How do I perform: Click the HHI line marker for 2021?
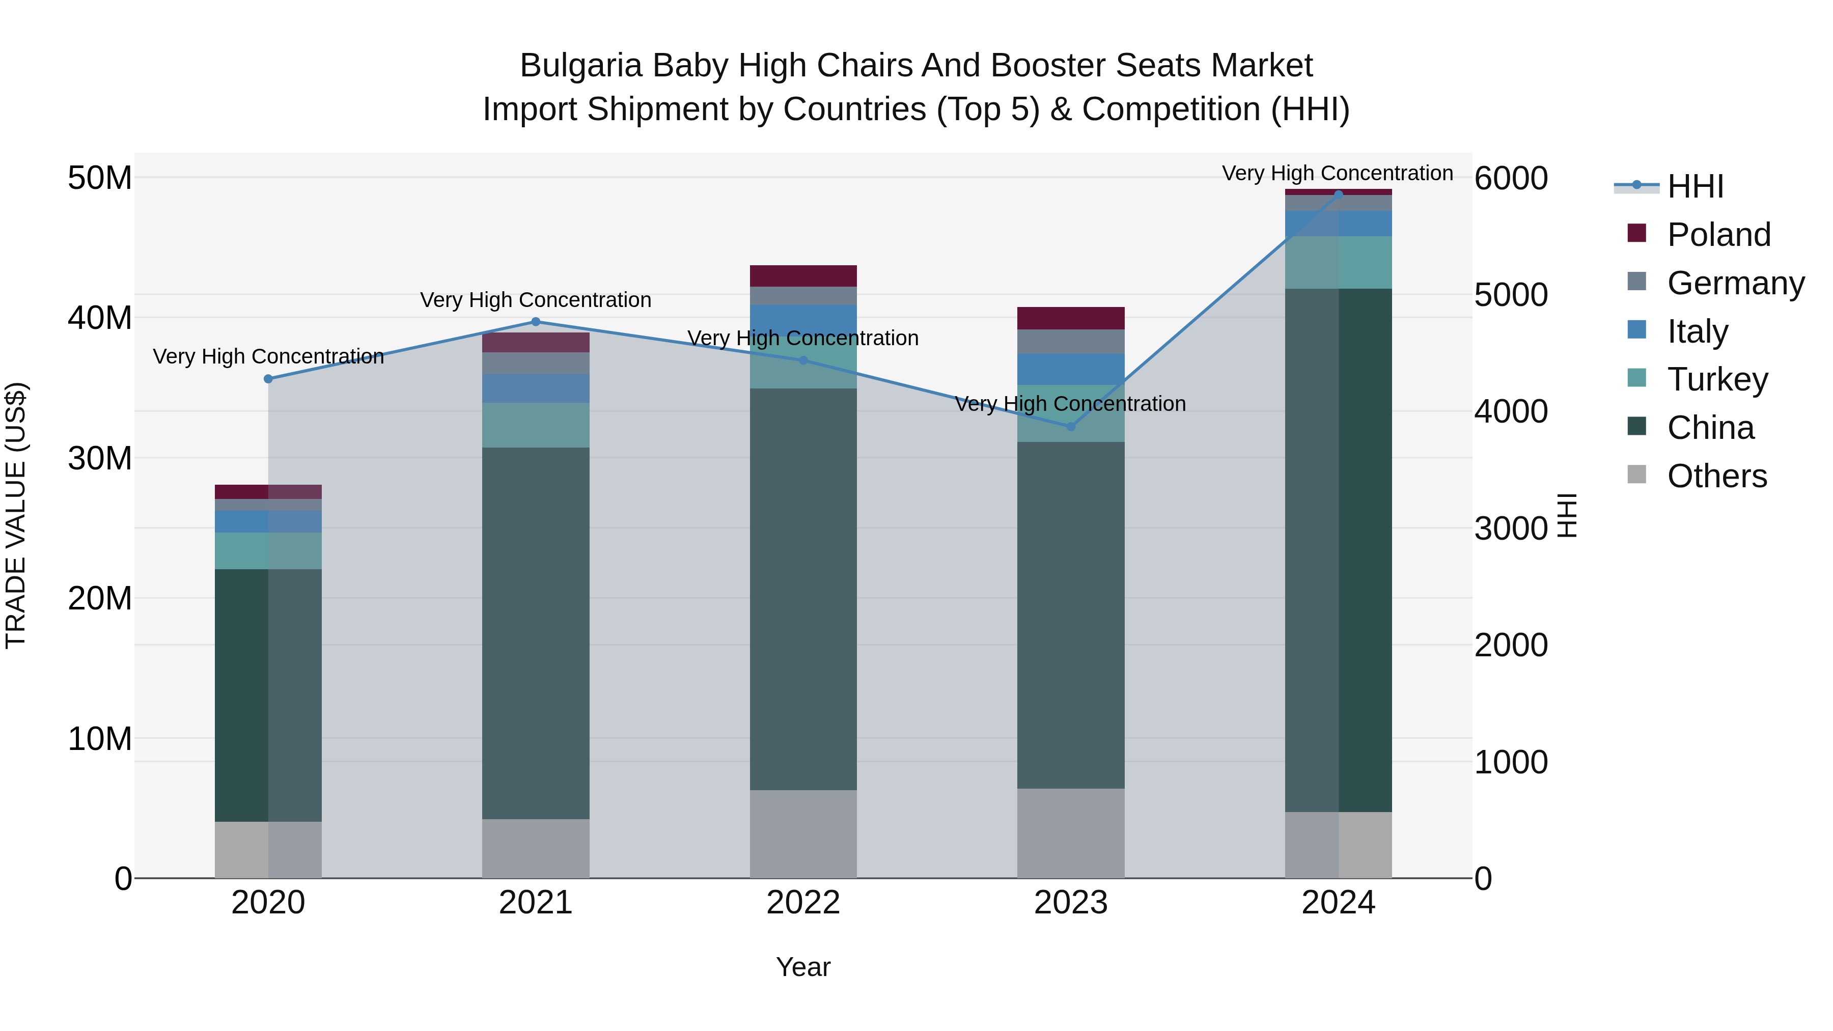coord(536,322)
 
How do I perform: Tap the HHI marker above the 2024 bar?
coord(1339,194)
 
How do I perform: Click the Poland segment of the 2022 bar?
coord(803,276)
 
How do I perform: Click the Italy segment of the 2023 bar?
coord(1071,369)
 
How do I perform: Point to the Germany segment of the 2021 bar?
coord(536,364)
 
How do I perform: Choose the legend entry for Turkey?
coord(1716,379)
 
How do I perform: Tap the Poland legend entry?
coord(1718,235)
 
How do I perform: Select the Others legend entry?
coord(1716,476)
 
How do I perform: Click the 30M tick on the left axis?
coord(100,458)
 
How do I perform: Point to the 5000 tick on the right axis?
coord(1511,295)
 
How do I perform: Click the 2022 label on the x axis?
coord(803,903)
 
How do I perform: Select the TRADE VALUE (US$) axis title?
coord(16,515)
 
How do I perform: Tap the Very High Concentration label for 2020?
coord(268,356)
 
